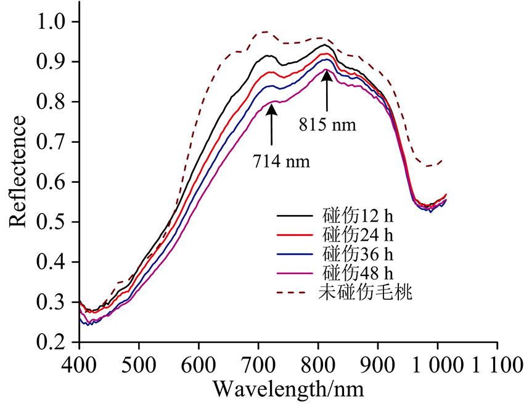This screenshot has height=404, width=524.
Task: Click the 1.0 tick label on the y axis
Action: pos(56,22)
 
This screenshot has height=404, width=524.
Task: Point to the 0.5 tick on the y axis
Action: pos(56,222)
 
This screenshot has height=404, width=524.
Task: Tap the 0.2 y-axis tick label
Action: pos(56,342)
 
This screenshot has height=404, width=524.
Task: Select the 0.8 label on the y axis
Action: pos(56,102)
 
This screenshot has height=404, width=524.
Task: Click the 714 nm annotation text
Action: pos(281,162)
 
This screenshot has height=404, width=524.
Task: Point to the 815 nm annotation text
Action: pos(329,124)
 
